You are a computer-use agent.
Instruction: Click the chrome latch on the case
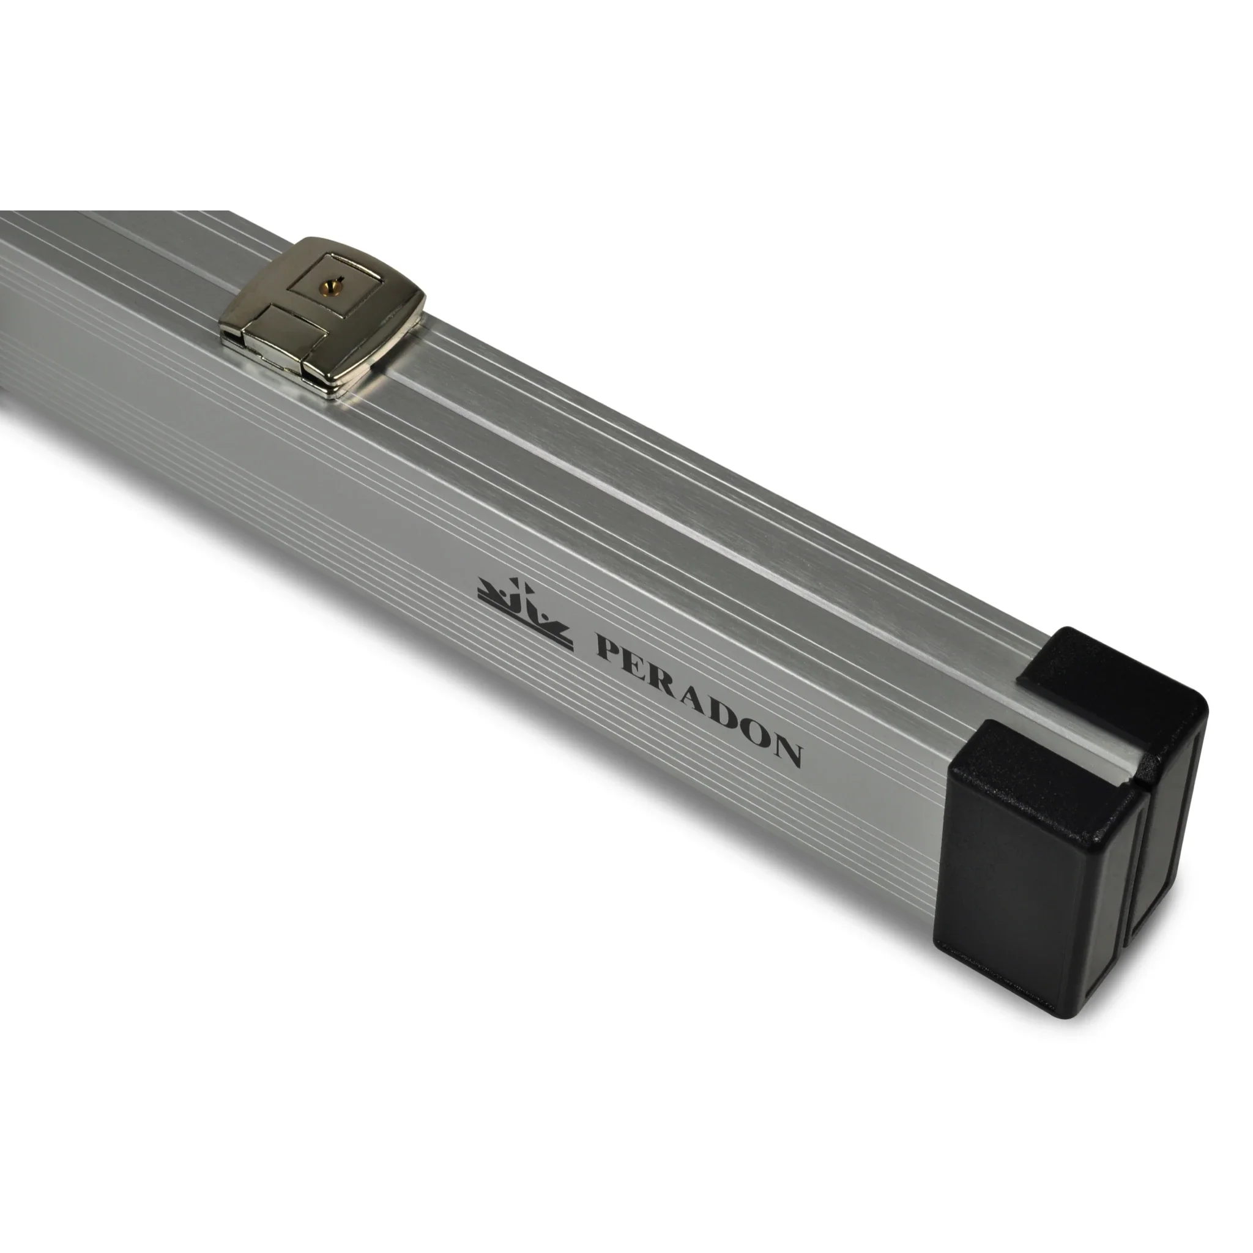[x=322, y=316]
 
